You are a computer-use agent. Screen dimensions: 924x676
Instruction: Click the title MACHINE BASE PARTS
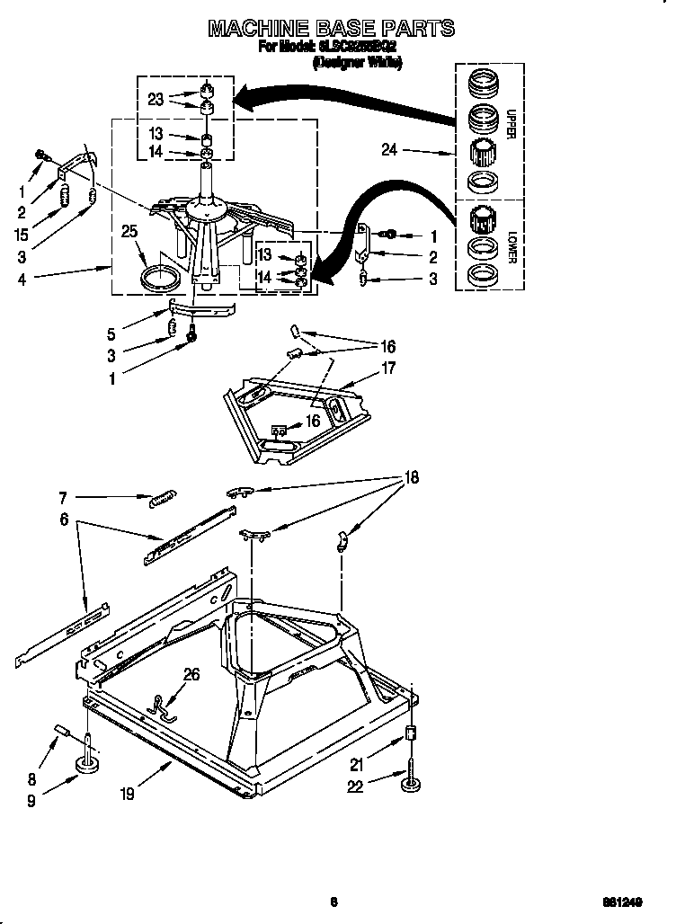click(x=331, y=29)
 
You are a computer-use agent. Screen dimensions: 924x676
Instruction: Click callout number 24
click(x=388, y=151)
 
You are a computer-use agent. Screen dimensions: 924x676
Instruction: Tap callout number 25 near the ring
click(x=129, y=233)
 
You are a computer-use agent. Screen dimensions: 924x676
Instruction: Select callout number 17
click(x=388, y=367)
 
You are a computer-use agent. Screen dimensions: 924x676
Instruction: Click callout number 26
click(x=191, y=674)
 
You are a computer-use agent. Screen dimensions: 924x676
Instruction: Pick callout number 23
click(x=156, y=100)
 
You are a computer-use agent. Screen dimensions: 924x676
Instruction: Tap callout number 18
click(x=412, y=477)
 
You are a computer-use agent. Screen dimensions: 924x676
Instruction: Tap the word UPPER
click(x=511, y=123)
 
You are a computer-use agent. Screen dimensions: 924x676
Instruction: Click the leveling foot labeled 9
click(x=88, y=764)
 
